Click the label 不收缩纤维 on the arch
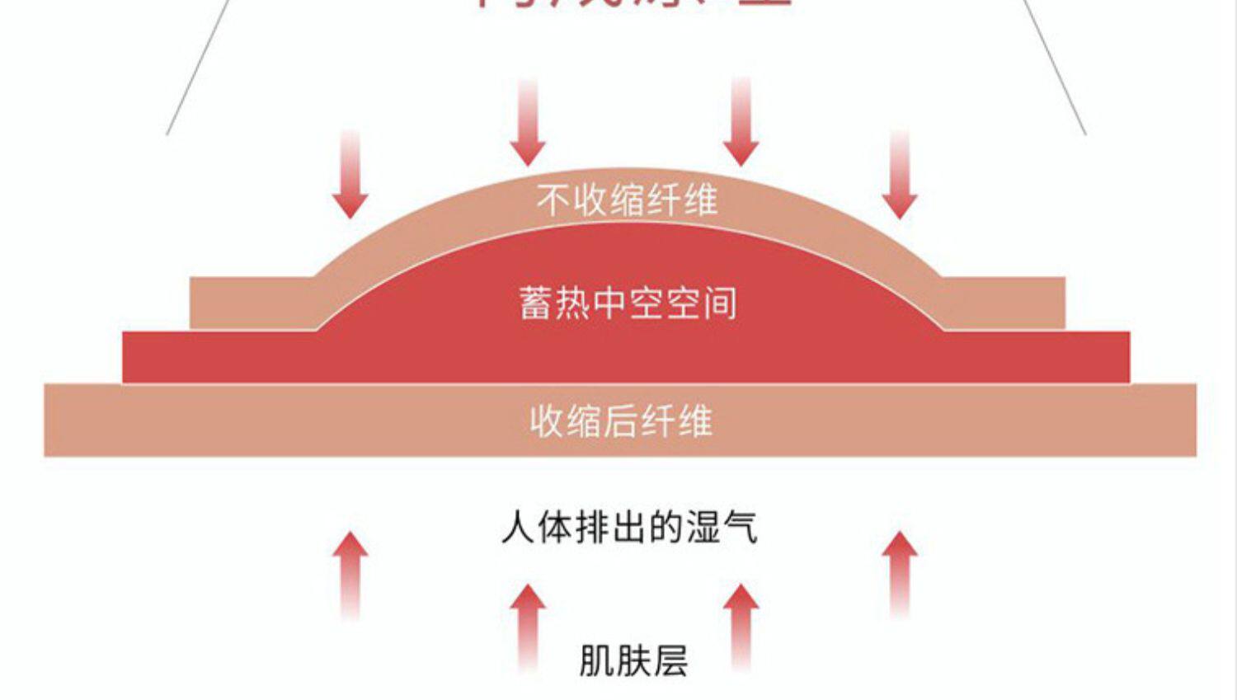point(627,200)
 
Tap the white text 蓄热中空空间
point(628,303)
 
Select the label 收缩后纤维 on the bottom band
point(621,421)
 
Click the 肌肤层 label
point(633,660)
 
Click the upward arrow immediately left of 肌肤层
point(528,627)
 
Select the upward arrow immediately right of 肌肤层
point(741,627)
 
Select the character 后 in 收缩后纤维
point(621,421)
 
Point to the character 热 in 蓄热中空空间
point(572,303)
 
